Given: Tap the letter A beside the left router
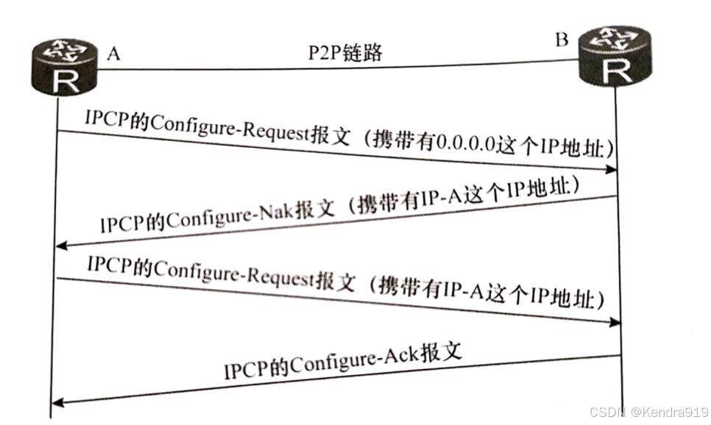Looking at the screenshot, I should (113, 54).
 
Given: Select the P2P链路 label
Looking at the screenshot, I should (345, 52).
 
